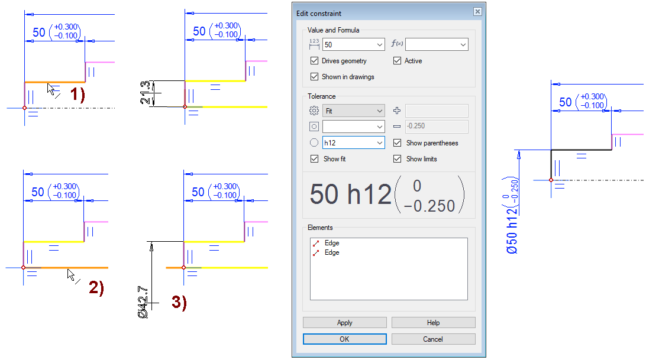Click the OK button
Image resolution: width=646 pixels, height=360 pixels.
[344, 339]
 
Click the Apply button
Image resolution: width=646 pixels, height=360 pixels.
[344, 323]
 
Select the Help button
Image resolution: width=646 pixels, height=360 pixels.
[433, 323]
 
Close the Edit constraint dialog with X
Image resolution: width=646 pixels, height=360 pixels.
[477, 12]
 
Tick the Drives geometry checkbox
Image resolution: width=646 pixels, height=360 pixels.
[314, 60]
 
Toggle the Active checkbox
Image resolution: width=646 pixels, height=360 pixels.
[397, 60]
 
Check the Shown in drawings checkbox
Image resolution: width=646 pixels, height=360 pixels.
[314, 77]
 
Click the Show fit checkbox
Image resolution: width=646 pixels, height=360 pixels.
[314, 158]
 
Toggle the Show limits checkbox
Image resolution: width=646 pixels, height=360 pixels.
[397, 158]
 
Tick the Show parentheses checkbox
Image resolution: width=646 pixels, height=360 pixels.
[397, 142]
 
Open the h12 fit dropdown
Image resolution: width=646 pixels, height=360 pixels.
[354, 142]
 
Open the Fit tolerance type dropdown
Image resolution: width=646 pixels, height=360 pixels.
[354, 111]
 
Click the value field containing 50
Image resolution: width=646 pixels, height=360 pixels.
[354, 44]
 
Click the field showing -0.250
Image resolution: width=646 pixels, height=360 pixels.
[437, 126]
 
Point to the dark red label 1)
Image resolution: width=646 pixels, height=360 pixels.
[77, 95]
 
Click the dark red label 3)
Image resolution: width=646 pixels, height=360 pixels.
[179, 302]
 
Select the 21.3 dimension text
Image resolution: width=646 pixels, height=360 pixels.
[145, 92]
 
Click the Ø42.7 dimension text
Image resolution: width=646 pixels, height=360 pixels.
[143, 302]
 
